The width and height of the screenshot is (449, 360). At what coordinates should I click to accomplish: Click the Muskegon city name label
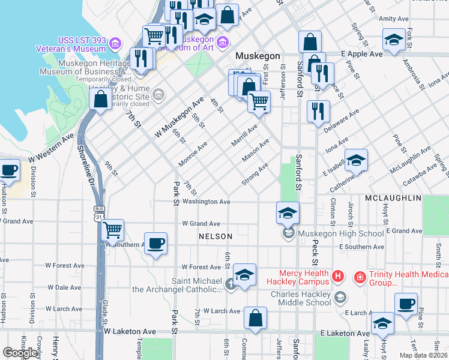[x=258, y=56]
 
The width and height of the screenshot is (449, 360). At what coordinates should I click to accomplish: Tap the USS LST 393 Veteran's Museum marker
[x=115, y=43]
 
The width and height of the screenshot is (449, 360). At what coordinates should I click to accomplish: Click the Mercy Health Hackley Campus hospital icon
[x=338, y=277]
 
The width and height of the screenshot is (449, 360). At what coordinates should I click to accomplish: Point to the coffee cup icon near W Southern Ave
[x=155, y=243]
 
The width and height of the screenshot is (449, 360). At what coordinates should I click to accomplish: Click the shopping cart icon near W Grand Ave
[x=112, y=229]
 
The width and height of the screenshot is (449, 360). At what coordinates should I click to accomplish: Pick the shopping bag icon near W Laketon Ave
[x=256, y=317]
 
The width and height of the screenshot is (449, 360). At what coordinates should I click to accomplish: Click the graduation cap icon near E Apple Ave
[x=393, y=40]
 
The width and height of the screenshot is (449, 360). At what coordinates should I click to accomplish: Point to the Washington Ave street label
[x=206, y=202]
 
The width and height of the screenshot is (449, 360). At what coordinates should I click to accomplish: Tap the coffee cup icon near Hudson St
[x=9, y=170]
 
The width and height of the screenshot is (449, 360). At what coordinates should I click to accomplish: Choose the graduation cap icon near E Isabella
[x=356, y=160]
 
